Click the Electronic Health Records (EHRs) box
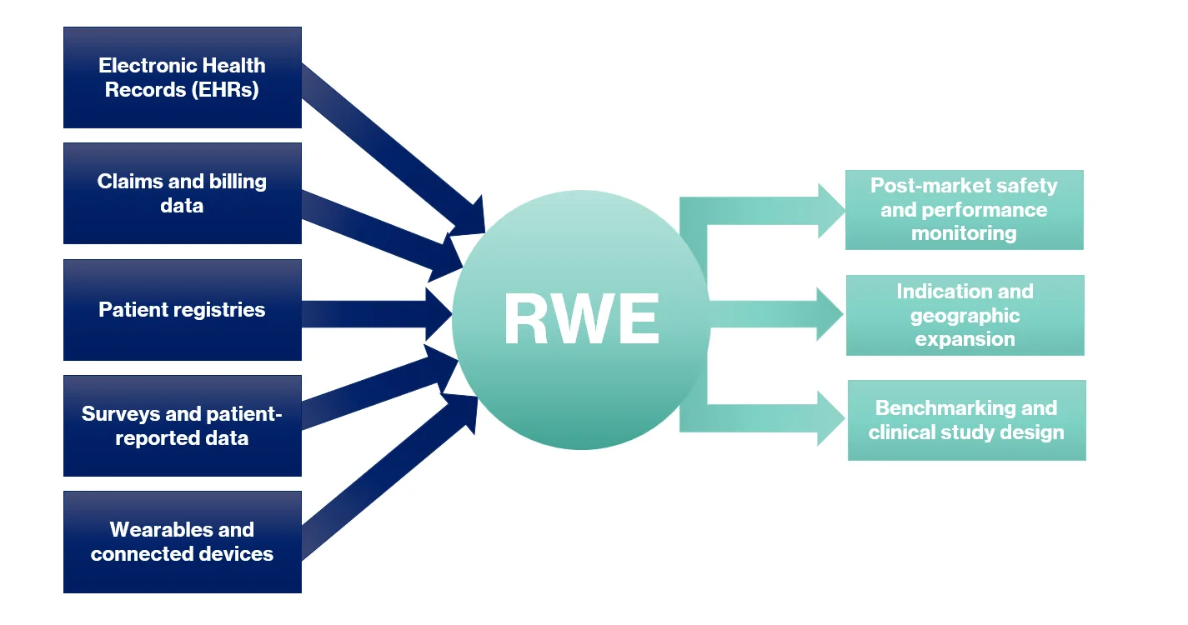coord(182,77)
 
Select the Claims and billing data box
coord(182,193)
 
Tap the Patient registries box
coord(182,310)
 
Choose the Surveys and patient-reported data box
coord(182,426)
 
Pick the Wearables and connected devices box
coord(182,542)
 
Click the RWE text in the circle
coord(581,320)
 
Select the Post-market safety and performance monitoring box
coord(964,209)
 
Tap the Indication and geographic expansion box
coord(965,315)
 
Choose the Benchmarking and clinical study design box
coord(966,420)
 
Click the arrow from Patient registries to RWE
coord(375,314)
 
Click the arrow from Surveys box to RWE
coord(375,392)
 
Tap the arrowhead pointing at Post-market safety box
coord(830,210)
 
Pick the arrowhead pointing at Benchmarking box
coord(830,417)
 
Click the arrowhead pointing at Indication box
coord(830,314)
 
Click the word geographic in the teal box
coord(965,315)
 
